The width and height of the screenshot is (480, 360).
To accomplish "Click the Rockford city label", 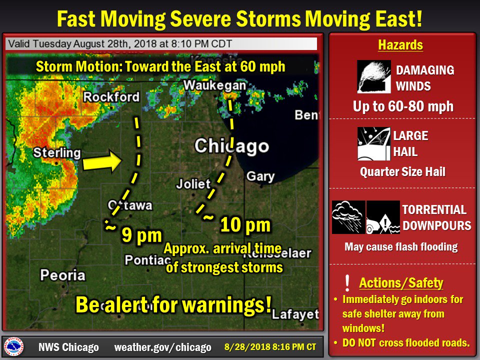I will (x=111, y=96).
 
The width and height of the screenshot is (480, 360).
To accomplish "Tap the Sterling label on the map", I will (x=57, y=152).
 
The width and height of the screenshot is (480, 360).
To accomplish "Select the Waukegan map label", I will (x=214, y=86).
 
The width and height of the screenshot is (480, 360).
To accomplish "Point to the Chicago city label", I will (x=231, y=146).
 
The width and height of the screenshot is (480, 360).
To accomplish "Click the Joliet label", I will (x=193, y=183).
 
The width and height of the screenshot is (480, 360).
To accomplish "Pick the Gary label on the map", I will (x=260, y=176).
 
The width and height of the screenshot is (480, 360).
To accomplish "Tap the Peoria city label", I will (x=62, y=274).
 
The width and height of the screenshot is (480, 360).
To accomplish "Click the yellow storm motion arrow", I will (x=101, y=162).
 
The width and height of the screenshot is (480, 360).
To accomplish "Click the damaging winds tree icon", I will (x=374, y=77).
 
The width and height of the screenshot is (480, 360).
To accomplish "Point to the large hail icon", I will (x=374, y=143).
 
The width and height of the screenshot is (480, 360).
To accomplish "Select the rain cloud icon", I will (x=348, y=217).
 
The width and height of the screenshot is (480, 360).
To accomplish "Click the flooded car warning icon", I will (x=382, y=217).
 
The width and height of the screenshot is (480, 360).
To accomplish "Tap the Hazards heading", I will (x=400, y=45).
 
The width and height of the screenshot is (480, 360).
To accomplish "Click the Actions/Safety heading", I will (x=401, y=283).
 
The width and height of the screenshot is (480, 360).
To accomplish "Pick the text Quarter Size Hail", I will (x=402, y=172).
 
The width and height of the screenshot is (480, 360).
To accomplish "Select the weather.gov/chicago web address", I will (x=163, y=347).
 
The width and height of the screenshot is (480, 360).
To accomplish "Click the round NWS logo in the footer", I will (x=13, y=346).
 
